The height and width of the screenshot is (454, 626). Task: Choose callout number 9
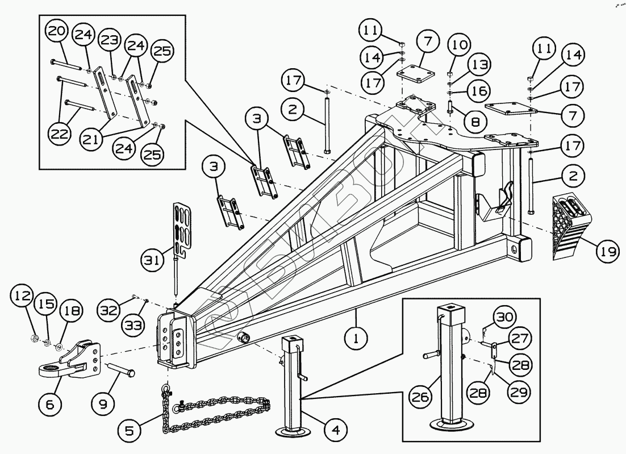pyautogui.click(x=103, y=405)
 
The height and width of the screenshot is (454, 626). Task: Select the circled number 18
pyautogui.click(x=74, y=311)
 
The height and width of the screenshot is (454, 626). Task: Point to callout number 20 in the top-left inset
pyautogui.click(x=56, y=32)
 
